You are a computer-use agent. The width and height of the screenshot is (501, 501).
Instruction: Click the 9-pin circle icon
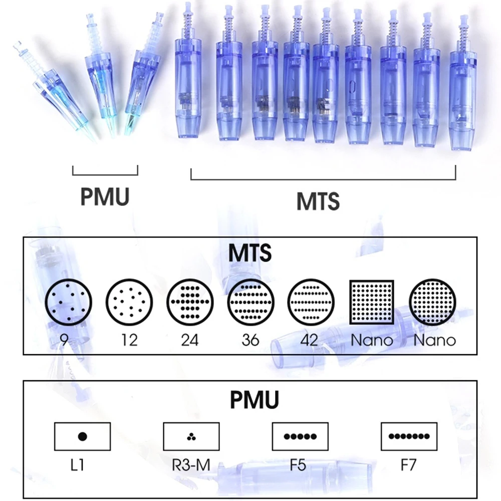tap(69, 304)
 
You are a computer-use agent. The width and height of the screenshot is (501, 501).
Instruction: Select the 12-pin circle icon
tap(129, 304)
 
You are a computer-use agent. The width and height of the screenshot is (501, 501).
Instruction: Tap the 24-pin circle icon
tap(190, 304)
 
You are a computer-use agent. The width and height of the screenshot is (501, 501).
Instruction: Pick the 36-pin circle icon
tap(250, 304)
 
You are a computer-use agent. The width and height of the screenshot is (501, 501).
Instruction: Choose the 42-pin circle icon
tap(311, 304)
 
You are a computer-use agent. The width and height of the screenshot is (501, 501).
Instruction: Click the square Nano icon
tap(372, 303)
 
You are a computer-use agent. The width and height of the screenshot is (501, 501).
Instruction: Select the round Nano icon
tap(432, 304)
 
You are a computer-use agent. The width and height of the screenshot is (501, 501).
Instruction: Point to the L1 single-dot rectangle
tap(82, 436)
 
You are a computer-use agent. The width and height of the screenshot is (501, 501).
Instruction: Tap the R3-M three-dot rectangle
tap(192, 436)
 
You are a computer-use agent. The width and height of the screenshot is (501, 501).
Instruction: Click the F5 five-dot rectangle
tap(300, 436)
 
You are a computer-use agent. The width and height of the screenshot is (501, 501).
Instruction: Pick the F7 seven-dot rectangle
tap(409, 436)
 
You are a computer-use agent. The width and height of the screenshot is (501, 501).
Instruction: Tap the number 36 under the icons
tap(250, 340)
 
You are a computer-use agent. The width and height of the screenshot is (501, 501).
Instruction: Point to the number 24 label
tap(190, 340)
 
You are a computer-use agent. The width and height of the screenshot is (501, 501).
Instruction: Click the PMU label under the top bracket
tap(105, 197)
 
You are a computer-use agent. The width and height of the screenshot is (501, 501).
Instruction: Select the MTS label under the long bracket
tap(318, 201)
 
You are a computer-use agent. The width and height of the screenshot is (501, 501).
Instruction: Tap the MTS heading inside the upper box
tap(250, 254)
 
